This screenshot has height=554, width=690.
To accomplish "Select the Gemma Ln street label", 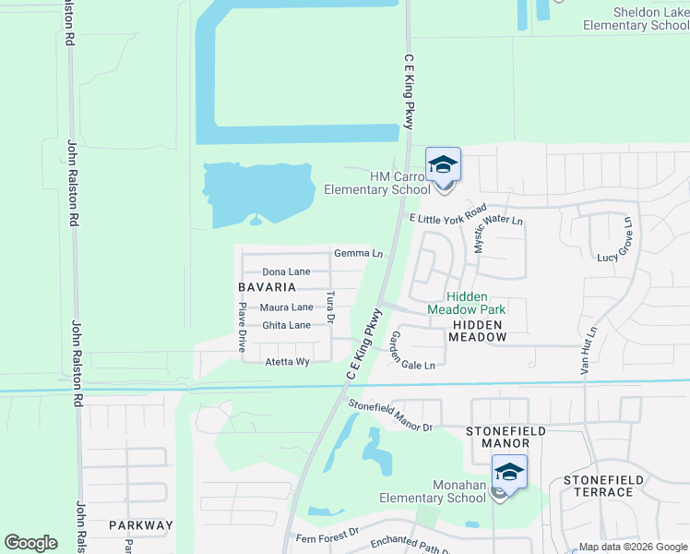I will point(358,253).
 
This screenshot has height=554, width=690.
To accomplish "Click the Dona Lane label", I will point(286,272).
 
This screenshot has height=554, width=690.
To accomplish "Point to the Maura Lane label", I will point(287,307).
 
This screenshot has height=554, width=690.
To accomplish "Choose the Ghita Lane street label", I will point(286,326).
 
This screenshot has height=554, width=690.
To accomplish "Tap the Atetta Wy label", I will point(287,362).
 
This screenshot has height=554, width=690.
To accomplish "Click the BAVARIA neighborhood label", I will point(266,287).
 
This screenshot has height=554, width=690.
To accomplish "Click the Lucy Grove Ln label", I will point(619,240).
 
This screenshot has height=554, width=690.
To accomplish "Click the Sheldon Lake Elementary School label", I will point(636,18).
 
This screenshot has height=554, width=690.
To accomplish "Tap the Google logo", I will point(31,543).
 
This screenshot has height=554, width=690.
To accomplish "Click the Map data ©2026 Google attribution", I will point(633,547).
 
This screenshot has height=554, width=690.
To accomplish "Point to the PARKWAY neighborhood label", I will point(140,525).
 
